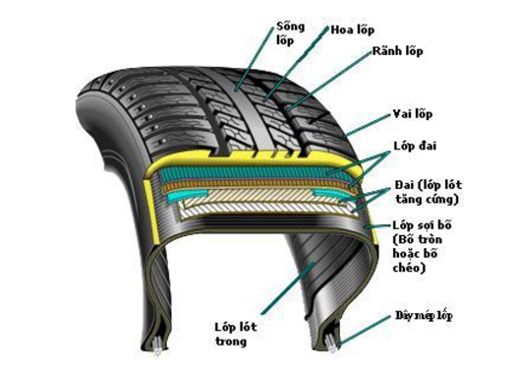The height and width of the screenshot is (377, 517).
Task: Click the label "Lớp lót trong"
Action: [234, 334]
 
